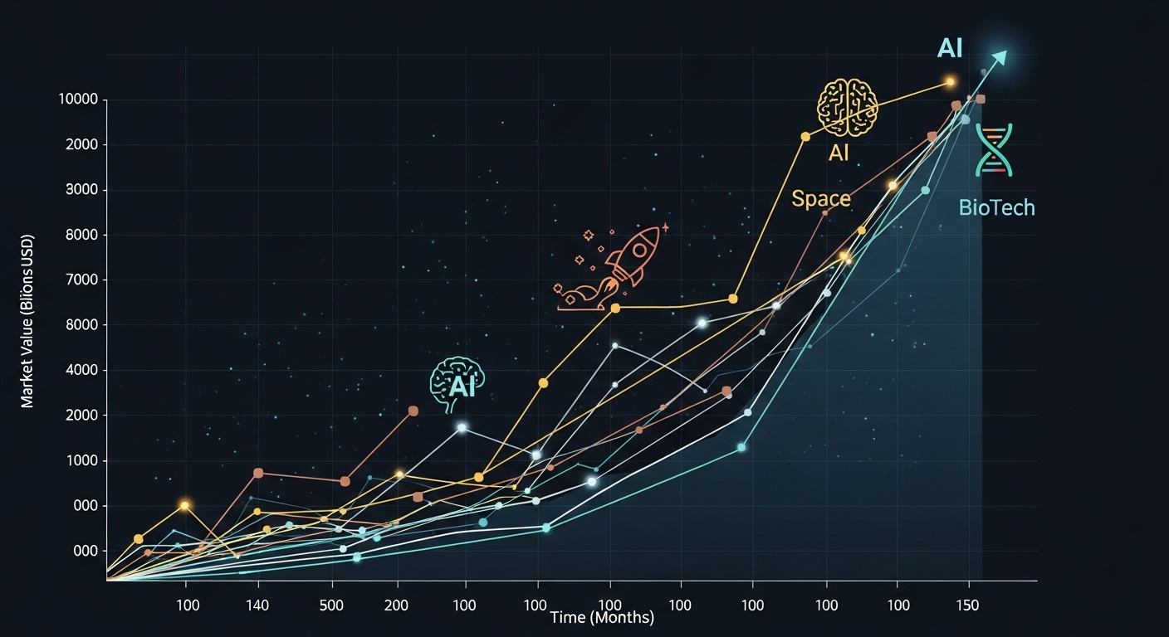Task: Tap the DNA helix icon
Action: tap(994, 150)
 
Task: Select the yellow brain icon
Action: tap(847, 108)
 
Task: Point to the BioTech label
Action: tap(996, 207)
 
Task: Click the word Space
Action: tap(820, 199)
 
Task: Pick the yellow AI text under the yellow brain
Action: tap(839, 153)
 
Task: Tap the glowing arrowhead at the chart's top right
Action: tap(999, 57)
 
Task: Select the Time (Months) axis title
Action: tap(602, 617)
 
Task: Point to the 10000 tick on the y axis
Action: tap(78, 100)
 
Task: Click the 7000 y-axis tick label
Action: tap(81, 280)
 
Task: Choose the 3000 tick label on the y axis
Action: tap(81, 190)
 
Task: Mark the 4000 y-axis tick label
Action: tap(81, 371)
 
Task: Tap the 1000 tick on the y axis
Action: tap(81, 461)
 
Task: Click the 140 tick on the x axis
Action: tap(258, 605)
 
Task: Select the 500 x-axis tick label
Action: tap(332, 605)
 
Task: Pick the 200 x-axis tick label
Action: tap(396, 605)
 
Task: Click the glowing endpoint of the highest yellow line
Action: tap(950, 82)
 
